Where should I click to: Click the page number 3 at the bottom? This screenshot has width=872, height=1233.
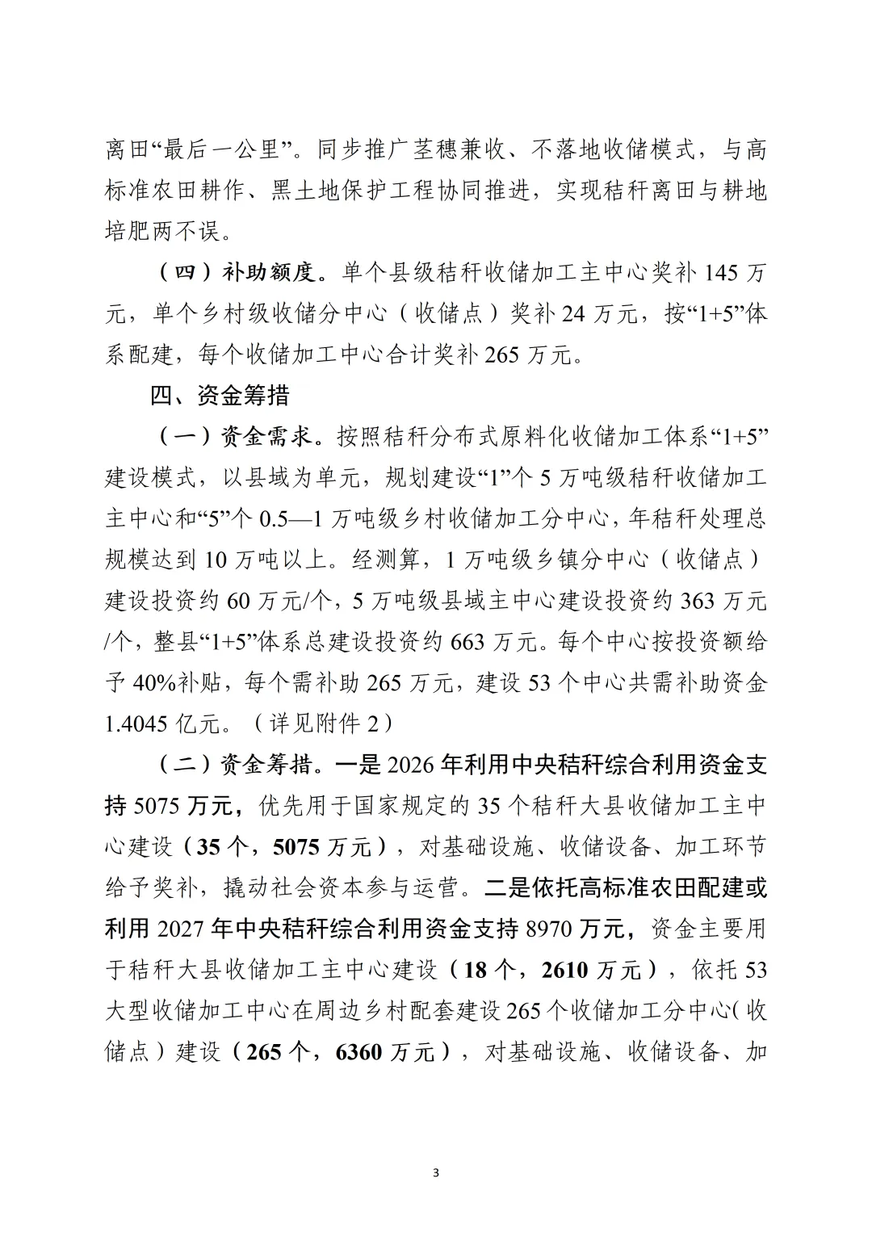point(436,1172)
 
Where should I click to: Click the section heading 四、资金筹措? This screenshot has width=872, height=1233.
point(220,396)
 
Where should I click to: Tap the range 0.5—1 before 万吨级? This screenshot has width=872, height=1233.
point(291,520)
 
